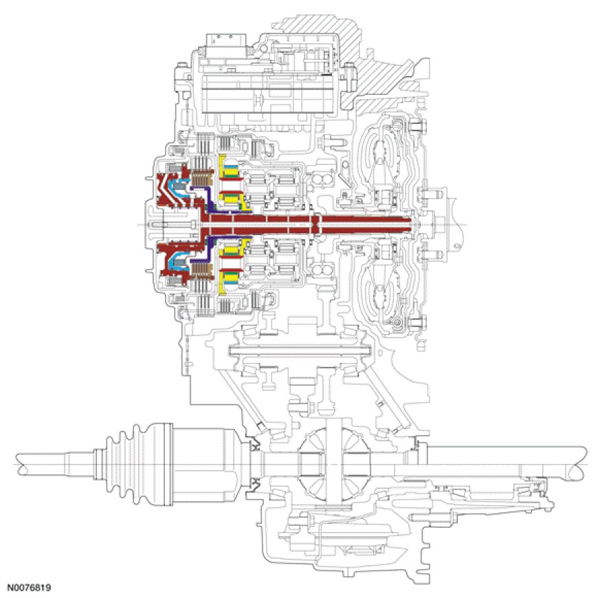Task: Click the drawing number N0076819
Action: [x=30, y=588]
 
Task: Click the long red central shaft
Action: [x=309, y=224]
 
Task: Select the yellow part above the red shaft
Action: [x=227, y=180]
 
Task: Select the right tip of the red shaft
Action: [x=415, y=224]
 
